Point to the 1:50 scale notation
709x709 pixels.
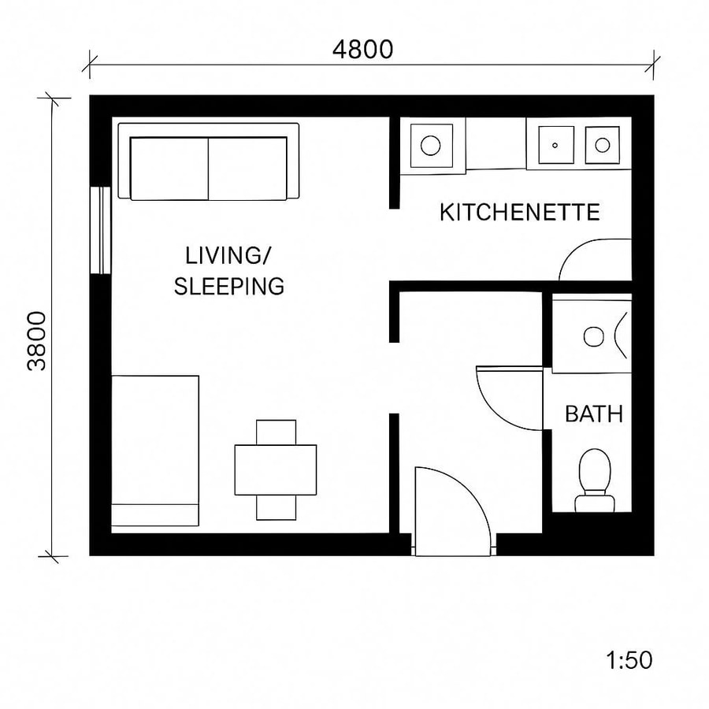coord(629,659)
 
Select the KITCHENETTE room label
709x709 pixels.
coord(519,212)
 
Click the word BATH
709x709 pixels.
coord(594,414)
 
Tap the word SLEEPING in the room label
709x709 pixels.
coord(228,286)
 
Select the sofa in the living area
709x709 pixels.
coord(209,163)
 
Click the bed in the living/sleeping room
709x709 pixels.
coord(155,450)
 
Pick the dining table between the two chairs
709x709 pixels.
coord(276,470)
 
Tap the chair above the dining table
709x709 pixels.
coord(277,432)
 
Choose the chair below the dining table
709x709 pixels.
coord(277,507)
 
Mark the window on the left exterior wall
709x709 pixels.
coord(100,230)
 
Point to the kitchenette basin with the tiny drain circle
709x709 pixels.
coord(555,145)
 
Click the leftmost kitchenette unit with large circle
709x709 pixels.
coord(430,145)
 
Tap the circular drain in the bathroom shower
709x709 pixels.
coord(592,336)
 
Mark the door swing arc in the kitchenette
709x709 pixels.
coord(595,260)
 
